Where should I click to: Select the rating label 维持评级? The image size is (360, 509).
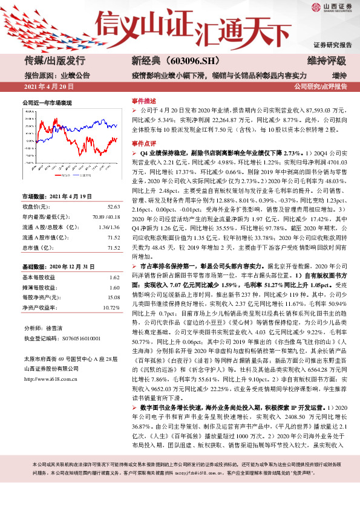pyautogui.click(x=327, y=61)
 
